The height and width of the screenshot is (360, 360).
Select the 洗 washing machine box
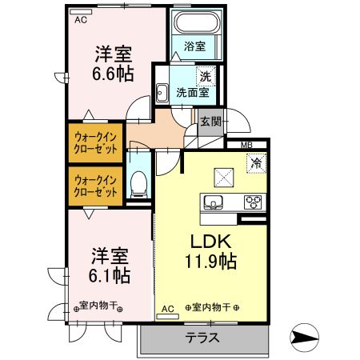[205, 76]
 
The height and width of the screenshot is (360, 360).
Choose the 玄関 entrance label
[210, 122]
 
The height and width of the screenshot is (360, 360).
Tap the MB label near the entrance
[249, 146]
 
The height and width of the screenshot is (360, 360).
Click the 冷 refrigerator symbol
[258, 162]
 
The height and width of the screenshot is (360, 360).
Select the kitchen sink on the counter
[214, 201]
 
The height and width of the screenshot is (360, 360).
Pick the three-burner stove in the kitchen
[252, 201]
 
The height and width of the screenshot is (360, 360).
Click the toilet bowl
[138, 184]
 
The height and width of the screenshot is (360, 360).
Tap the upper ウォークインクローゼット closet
[95, 143]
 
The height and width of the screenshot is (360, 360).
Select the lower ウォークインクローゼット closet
[95, 186]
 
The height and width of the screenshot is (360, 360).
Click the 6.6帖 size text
[111, 72]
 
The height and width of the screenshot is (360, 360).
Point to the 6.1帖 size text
[110, 274]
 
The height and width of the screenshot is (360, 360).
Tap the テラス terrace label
[203, 337]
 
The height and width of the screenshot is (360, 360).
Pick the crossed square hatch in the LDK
[222, 175]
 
